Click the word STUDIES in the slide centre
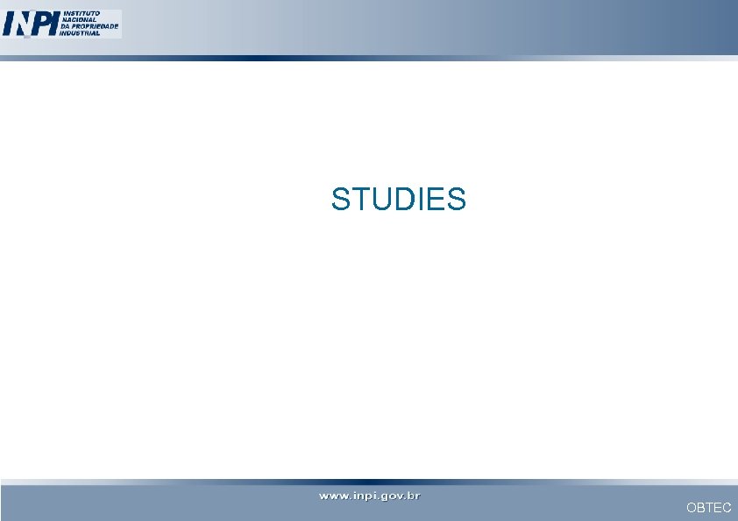tap(399, 200)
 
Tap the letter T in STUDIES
tap(360, 200)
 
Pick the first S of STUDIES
tap(341, 200)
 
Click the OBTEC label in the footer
tap(708, 508)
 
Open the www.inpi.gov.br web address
tap(369, 496)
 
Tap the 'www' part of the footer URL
tap(333, 496)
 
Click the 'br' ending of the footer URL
tap(413, 496)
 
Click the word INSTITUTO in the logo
tap(80, 14)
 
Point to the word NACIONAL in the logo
tap(77, 20)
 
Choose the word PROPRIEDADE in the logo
tap(95, 27)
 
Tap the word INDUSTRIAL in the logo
tap(80, 33)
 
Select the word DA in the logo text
tap(65, 27)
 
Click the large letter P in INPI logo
tap(41, 25)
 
